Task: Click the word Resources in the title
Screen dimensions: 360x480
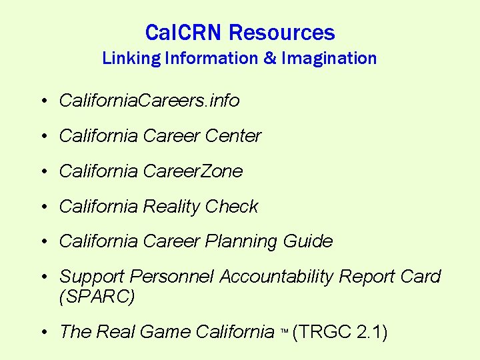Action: pos(282,32)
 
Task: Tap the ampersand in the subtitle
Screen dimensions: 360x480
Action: pos(270,58)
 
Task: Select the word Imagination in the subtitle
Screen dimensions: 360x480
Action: pos(329,58)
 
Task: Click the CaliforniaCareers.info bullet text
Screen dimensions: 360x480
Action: pos(149,101)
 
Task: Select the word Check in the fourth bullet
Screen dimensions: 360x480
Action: pos(231,207)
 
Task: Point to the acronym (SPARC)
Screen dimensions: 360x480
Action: pos(97,297)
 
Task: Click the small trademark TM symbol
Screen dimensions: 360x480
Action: pos(283,331)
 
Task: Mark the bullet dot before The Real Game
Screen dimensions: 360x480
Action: pos(42,332)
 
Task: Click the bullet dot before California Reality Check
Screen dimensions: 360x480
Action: pos(42,207)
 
